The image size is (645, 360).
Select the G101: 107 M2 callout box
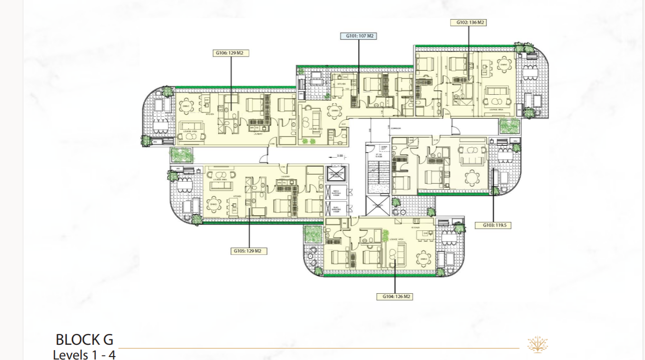[359, 36]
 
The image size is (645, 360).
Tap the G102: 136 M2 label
[468, 23]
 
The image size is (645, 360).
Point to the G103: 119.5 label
[493, 225]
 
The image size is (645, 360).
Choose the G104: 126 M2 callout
[394, 297]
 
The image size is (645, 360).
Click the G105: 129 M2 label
[249, 251]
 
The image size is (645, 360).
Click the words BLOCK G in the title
[84, 339]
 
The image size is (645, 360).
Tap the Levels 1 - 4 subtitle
[84, 354]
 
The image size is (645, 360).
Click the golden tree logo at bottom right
[537, 344]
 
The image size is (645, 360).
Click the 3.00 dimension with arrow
[339, 156]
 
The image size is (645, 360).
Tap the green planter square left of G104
[313, 234]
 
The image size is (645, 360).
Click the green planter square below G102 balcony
[509, 126]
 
